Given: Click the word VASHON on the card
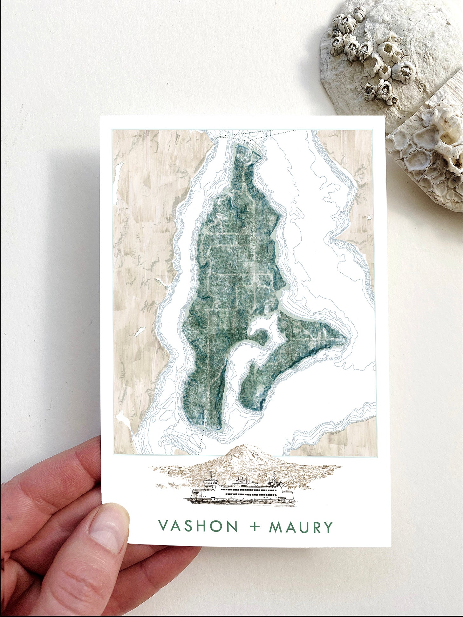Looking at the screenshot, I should point(198,526).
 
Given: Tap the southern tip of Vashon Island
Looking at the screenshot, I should point(210,427).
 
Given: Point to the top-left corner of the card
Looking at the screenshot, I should point(101,117).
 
